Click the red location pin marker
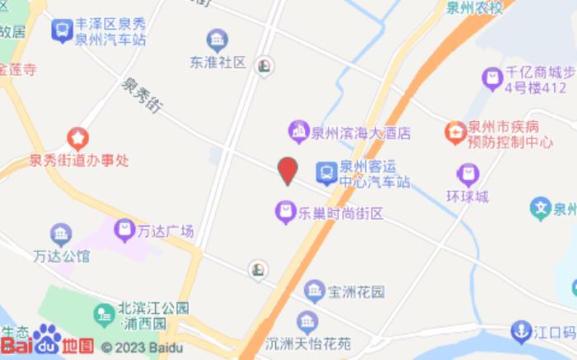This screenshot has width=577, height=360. click(x=287, y=171)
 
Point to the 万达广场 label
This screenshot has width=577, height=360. click(x=166, y=231)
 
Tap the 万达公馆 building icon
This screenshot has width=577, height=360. click(x=61, y=234)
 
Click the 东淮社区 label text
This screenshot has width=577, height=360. click(x=218, y=62)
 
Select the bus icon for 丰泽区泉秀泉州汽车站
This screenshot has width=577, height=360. click(x=61, y=31)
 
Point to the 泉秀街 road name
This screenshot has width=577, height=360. click(x=142, y=96)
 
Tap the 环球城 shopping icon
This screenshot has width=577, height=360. click(x=467, y=175)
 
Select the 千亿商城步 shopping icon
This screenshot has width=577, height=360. click(x=492, y=79)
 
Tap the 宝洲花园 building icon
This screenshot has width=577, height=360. click(x=314, y=291)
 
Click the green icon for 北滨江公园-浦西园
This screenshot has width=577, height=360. click(x=104, y=314)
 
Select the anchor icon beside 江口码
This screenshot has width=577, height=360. click(x=520, y=332)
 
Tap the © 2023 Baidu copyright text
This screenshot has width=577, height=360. click(x=141, y=348)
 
